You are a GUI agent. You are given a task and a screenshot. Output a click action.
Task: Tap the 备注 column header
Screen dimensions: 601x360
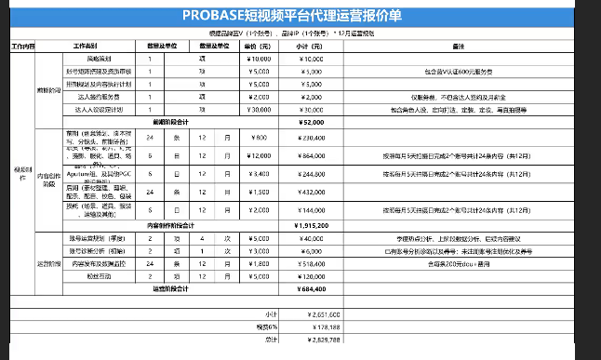458,46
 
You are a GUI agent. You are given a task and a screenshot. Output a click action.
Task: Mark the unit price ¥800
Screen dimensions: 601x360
259,138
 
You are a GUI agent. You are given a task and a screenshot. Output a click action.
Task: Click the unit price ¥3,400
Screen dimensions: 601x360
259,174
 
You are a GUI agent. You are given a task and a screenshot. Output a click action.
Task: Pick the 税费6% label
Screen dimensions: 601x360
271,327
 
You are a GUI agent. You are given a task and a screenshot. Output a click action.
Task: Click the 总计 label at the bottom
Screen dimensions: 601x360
272,340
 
